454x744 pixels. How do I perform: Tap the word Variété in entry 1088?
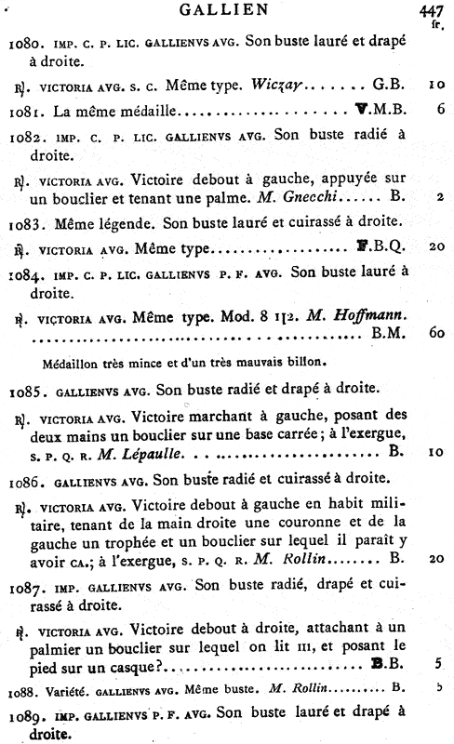point(62,690)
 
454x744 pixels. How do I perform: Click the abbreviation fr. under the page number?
point(434,27)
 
